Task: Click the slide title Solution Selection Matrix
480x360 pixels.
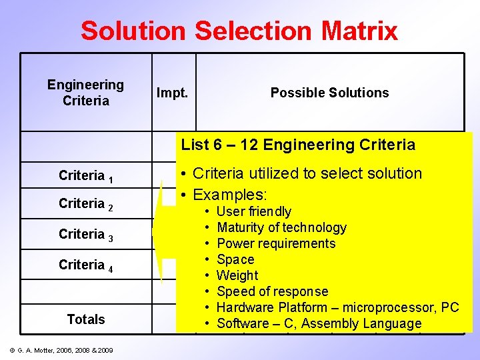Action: pyautogui.click(x=239, y=31)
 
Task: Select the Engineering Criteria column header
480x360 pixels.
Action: pyautogui.click(x=85, y=93)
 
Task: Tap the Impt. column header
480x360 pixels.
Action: pyautogui.click(x=172, y=93)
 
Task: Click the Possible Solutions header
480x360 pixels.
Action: pyautogui.click(x=329, y=93)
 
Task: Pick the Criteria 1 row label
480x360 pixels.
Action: pyautogui.click(x=85, y=176)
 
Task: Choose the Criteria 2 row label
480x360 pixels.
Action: pyautogui.click(x=85, y=204)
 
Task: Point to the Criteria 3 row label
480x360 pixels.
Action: pyautogui.click(x=85, y=235)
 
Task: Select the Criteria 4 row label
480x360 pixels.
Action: pyautogui.click(x=85, y=265)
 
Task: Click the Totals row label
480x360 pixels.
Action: pyautogui.click(x=86, y=319)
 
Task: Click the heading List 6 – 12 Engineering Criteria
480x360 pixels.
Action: pyautogui.click(x=298, y=145)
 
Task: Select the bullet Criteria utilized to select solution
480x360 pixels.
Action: pyautogui.click(x=307, y=173)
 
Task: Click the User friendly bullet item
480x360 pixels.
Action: pyautogui.click(x=254, y=211)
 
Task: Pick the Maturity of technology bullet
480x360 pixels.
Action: pyautogui.click(x=281, y=227)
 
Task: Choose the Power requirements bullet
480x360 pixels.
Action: pyautogui.click(x=276, y=243)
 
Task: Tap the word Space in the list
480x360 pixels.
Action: pyautogui.click(x=235, y=259)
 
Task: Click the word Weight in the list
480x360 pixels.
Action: pyautogui.click(x=237, y=275)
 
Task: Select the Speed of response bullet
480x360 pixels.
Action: pyautogui.click(x=272, y=291)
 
